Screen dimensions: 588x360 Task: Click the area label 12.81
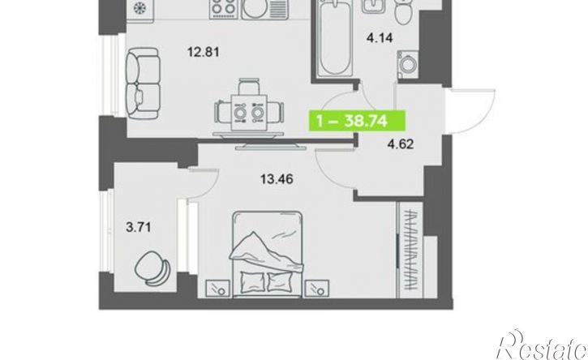point(204,52)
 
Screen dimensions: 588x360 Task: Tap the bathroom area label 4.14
point(380,38)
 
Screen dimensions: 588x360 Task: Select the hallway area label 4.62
point(401,144)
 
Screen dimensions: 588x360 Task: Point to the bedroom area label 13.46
point(277,180)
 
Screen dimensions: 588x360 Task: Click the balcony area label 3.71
point(139,227)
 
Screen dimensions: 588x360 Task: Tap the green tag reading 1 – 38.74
point(357,121)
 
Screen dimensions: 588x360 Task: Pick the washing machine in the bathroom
point(408,65)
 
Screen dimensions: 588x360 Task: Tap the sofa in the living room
point(143,84)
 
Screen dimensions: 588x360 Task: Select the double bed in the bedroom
point(267,255)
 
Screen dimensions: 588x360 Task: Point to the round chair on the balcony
point(152,268)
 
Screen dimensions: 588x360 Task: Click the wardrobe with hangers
point(411,250)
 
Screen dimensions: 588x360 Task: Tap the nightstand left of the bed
point(218,289)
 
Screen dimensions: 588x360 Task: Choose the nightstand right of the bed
point(317,289)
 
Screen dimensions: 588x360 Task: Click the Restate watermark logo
point(542,345)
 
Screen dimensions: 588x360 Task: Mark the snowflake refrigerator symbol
point(140,7)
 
